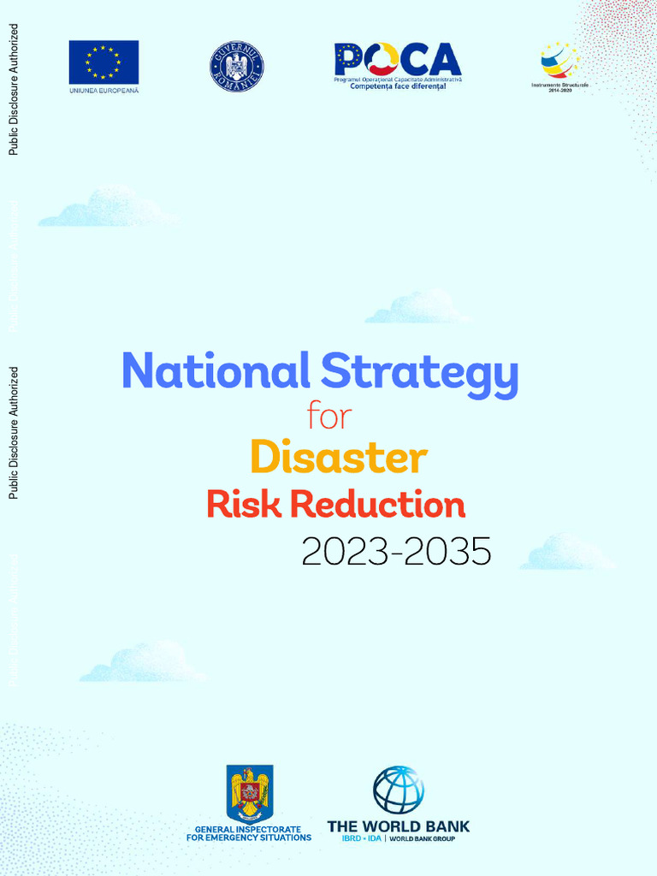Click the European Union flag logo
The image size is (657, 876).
click(x=104, y=62)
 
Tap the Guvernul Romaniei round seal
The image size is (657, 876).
click(x=237, y=67)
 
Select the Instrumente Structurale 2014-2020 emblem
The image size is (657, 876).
click(x=559, y=61)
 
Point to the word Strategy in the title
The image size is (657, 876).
click(x=419, y=373)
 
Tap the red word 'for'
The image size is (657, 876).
click(x=329, y=417)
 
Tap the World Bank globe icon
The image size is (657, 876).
click(x=399, y=790)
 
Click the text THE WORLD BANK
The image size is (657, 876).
click(x=399, y=826)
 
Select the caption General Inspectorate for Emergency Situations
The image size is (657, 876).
click(x=249, y=833)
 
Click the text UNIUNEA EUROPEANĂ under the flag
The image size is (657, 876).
click(x=104, y=90)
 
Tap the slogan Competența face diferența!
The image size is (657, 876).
click(x=398, y=86)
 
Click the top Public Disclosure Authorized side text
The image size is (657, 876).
click(x=13, y=89)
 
